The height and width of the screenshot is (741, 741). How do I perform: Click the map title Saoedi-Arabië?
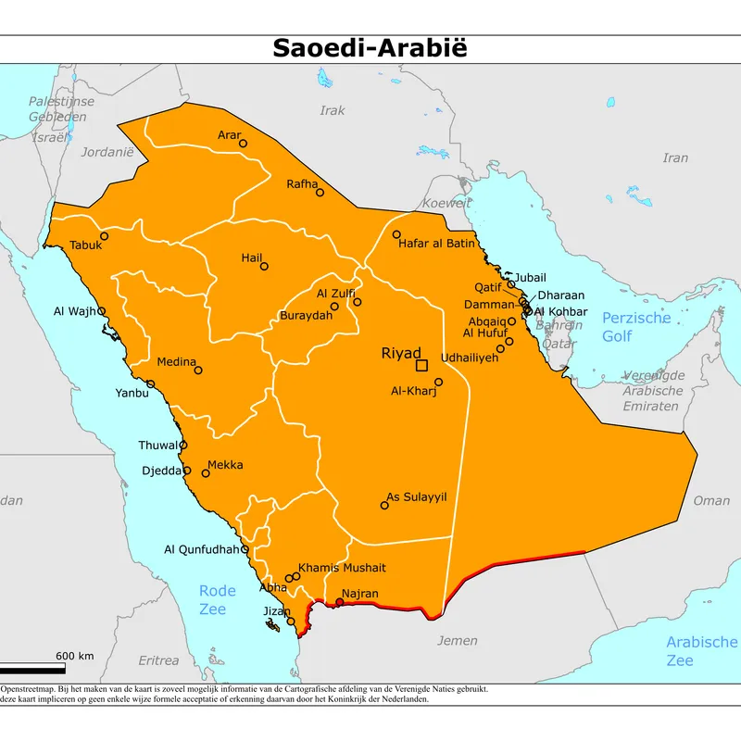click(370, 48)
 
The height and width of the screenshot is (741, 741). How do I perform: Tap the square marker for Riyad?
click(421, 366)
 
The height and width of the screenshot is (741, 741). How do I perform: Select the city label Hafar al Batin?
click(436, 245)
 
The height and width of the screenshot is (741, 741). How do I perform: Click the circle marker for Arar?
click(243, 144)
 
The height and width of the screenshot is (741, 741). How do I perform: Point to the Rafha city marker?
click(320, 193)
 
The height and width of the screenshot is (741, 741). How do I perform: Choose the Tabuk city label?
click(85, 246)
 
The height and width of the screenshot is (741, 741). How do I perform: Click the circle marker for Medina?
click(197, 370)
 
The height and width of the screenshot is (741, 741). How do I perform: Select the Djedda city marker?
click(187, 471)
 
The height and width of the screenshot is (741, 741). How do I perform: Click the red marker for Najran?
click(339, 602)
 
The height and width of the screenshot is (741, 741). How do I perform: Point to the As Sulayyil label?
click(417, 497)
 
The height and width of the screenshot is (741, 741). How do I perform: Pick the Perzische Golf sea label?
click(635, 327)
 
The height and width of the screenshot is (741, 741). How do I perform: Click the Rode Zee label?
click(218, 599)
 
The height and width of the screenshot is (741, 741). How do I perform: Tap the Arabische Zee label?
click(702, 651)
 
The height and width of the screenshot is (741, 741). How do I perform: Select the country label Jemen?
click(458, 641)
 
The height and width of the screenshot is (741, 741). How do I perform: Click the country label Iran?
click(675, 158)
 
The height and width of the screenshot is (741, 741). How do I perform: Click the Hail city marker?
click(264, 267)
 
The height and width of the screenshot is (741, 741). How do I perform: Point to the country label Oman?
click(711, 501)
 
